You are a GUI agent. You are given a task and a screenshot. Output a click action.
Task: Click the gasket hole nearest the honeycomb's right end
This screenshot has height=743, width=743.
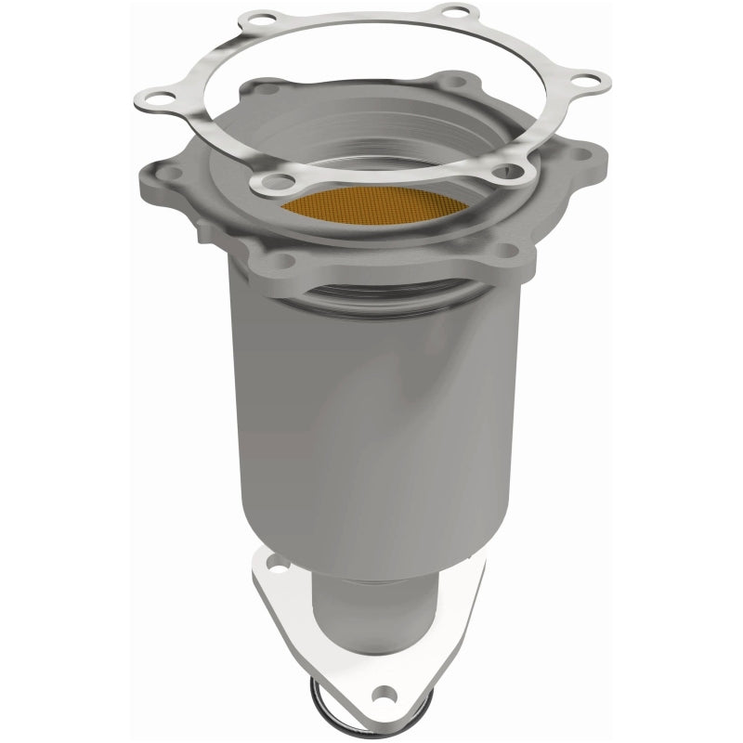(x=507, y=171)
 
